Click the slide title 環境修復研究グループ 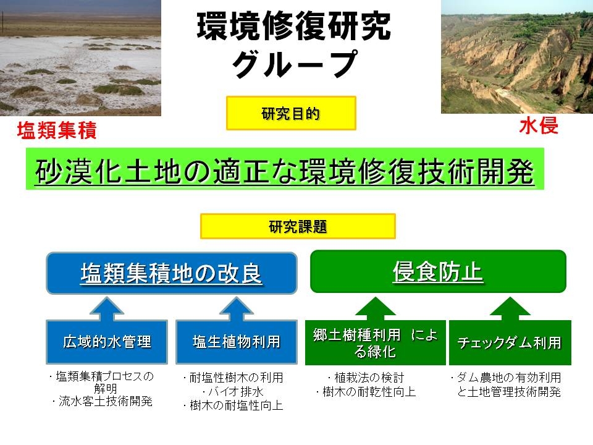coord(294,44)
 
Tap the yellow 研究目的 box coord(291,113)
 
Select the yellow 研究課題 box coord(298,226)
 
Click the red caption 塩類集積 coord(57,130)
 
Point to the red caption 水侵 coord(539,125)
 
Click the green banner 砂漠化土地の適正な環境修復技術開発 coord(285,169)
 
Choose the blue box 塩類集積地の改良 coord(171,273)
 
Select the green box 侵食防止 coord(438,271)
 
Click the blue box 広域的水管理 coord(107,342)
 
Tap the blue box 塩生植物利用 coord(237,342)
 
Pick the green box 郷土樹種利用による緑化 coord(375,342)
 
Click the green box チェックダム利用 coord(510,342)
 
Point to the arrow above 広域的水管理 coord(107,309)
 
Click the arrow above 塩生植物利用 coord(237,309)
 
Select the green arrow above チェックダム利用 coord(510,308)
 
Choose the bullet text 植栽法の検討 coord(366,377)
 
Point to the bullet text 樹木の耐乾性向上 coord(366,392)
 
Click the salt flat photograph coord(80,58)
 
